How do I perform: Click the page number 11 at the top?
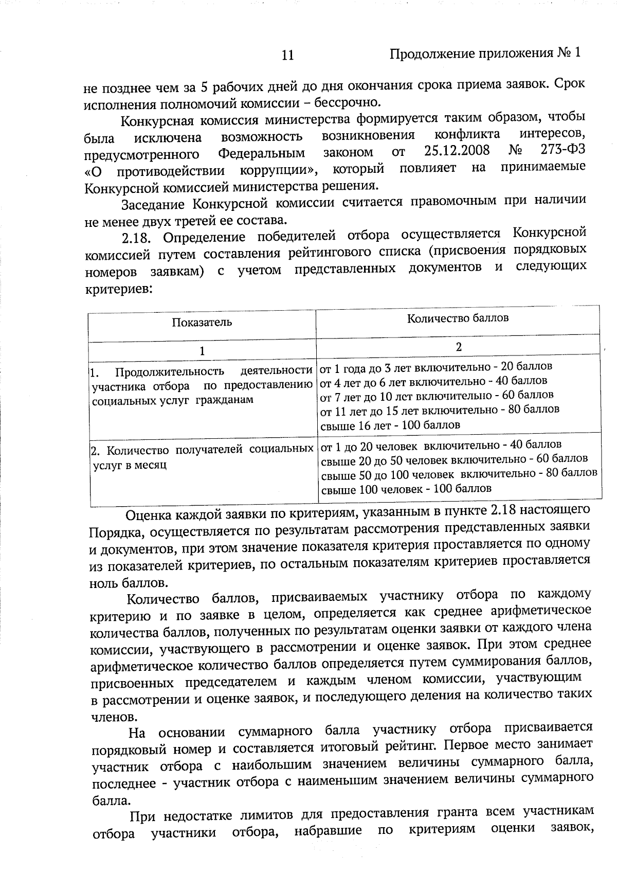pos(288,55)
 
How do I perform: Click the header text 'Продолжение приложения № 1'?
pos(485,54)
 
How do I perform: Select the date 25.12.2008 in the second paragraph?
pos(457,151)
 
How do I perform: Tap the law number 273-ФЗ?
pos(564,149)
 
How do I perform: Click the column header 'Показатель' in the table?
pos(202,323)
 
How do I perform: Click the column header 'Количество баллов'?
pos(458,318)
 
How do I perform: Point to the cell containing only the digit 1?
pos(202,351)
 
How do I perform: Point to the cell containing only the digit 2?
pos(459,347)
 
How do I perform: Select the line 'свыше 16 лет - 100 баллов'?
pos(390,425)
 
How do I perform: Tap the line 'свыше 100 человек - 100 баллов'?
pos(406,489)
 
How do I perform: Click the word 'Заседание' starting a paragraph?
pos(153,204)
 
